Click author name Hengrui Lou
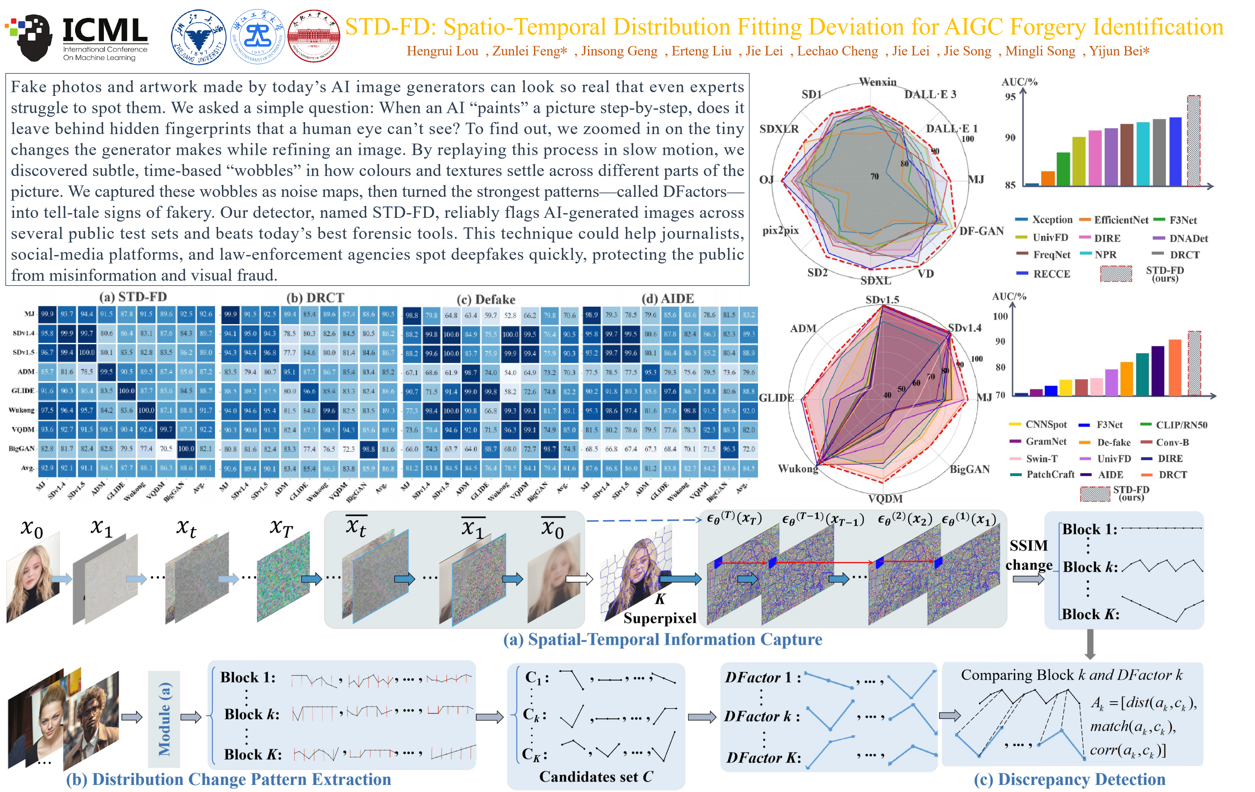click(x=442, y=51)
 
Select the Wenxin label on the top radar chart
click(x=878, y=82)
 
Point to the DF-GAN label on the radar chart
click(x=981, y=231)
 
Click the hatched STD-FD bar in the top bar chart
click(x=1193, y=141)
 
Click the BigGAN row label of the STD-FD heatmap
click(x=22, y=448)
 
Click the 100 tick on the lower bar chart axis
click(x=1000, y=316)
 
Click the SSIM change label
click(x=1029, y=555)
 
